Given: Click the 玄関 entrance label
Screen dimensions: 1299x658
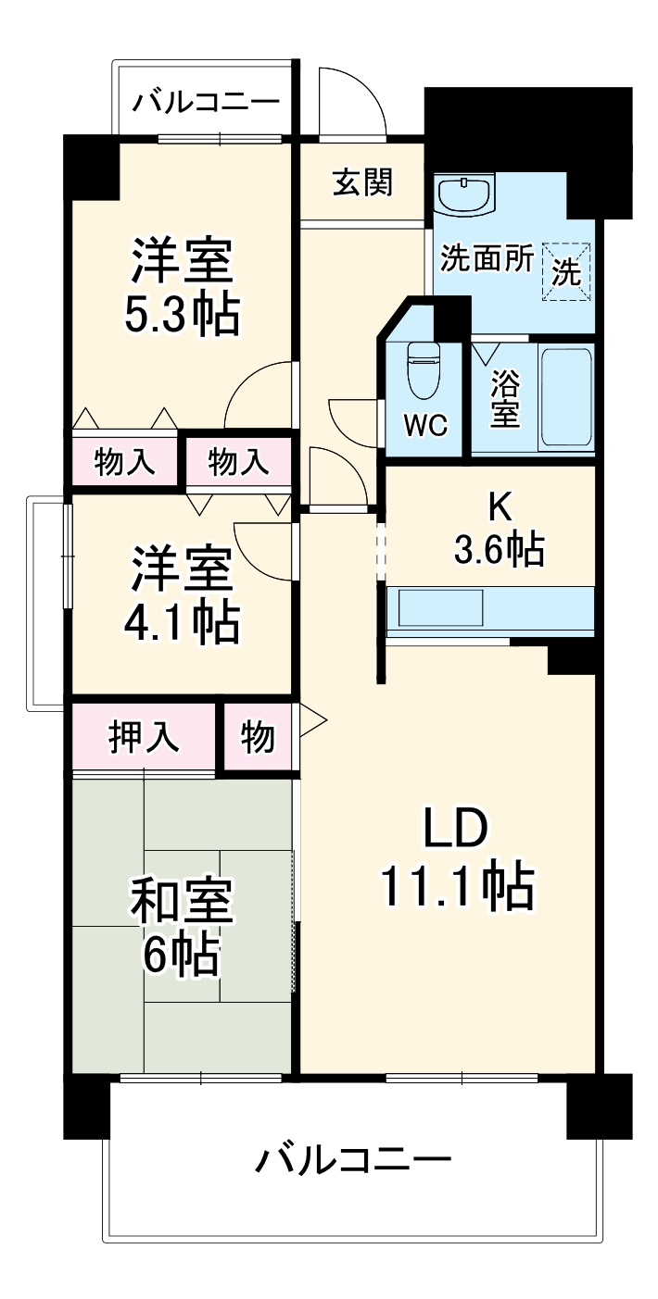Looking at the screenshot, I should coord(362,183).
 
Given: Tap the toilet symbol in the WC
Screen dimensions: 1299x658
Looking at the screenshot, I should coord(424,369).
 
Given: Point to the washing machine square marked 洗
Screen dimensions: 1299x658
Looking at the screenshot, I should coord(565,270).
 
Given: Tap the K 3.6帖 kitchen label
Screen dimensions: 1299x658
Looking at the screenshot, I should coord(499,531).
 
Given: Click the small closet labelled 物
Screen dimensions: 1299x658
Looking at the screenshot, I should coord(259,737).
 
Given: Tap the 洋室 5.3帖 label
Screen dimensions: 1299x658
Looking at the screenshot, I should coord(182,286).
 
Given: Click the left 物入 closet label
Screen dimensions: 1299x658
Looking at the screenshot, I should coord(125,460).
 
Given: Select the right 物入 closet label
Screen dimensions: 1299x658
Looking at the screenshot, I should coord(238,460).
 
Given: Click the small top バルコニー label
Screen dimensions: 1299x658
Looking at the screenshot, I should coord(205,101).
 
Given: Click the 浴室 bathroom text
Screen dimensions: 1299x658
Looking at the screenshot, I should coord(505,398).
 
